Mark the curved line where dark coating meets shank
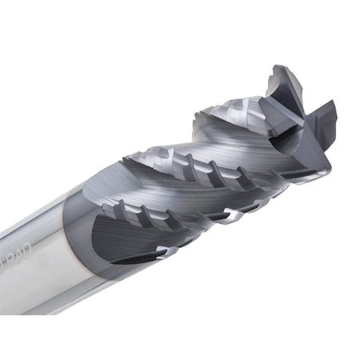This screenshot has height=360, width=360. click(x=81, y=240)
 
